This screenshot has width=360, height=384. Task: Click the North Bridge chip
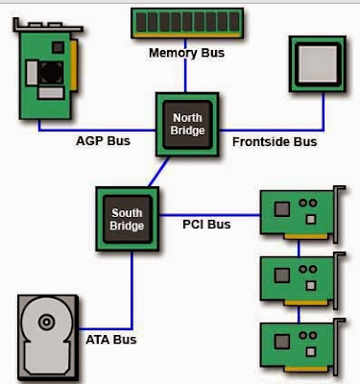187,122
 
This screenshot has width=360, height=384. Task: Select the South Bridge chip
127,218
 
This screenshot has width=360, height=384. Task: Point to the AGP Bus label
103,141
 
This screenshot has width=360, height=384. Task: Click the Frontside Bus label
275,141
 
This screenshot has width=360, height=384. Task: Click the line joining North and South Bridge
153,173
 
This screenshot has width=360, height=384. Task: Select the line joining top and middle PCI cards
299,247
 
